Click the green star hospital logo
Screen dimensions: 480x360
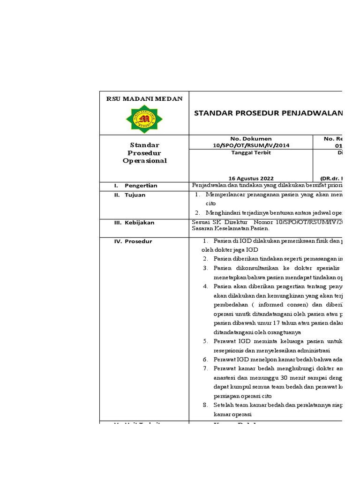[x=144, y=119]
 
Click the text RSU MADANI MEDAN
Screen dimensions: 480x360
[x=144, y=98]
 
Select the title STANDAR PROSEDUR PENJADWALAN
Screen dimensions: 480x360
[x=268, y=113]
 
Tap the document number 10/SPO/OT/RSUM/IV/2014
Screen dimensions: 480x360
[x=251, y=145]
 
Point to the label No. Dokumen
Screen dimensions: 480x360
[x=251, y=139]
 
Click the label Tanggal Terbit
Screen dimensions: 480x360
[x=251, y=152]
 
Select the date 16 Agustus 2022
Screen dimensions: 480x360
[x=251, y=178]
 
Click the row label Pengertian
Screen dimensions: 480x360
[x=141, y=186]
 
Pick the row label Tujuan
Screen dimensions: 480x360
[x=135, y=195]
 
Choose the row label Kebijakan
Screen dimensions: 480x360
[x=139, y=223]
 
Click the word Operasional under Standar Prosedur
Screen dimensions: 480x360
[x=144, y=161]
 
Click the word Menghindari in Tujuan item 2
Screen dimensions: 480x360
[x=223, y=213]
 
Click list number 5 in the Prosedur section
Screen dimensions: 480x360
[x=205, y=341]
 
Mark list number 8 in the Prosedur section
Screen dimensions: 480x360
[x=205, y=405]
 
